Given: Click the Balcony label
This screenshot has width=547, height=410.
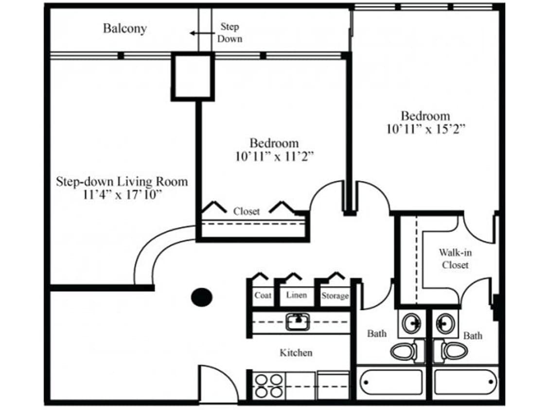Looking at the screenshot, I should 124,28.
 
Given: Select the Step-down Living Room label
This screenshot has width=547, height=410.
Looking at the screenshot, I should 122,182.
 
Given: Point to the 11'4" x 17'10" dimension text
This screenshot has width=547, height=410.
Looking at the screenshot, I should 122,195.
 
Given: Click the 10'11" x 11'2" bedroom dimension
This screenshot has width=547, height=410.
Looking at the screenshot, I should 274,156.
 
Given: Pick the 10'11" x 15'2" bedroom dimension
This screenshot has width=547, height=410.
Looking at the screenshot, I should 426,129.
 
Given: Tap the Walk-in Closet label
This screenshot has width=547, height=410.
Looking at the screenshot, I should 455,258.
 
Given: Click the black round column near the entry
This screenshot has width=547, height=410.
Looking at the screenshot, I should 201,297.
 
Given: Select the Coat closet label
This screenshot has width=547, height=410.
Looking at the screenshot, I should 263,295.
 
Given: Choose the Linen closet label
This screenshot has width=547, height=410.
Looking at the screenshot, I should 296,295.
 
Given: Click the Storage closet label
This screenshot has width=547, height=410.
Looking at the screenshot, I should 335,296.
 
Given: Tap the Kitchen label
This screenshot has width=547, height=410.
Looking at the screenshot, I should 296,352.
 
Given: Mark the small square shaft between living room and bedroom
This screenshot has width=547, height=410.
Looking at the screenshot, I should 192,77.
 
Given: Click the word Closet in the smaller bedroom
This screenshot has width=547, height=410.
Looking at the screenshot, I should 247,211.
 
